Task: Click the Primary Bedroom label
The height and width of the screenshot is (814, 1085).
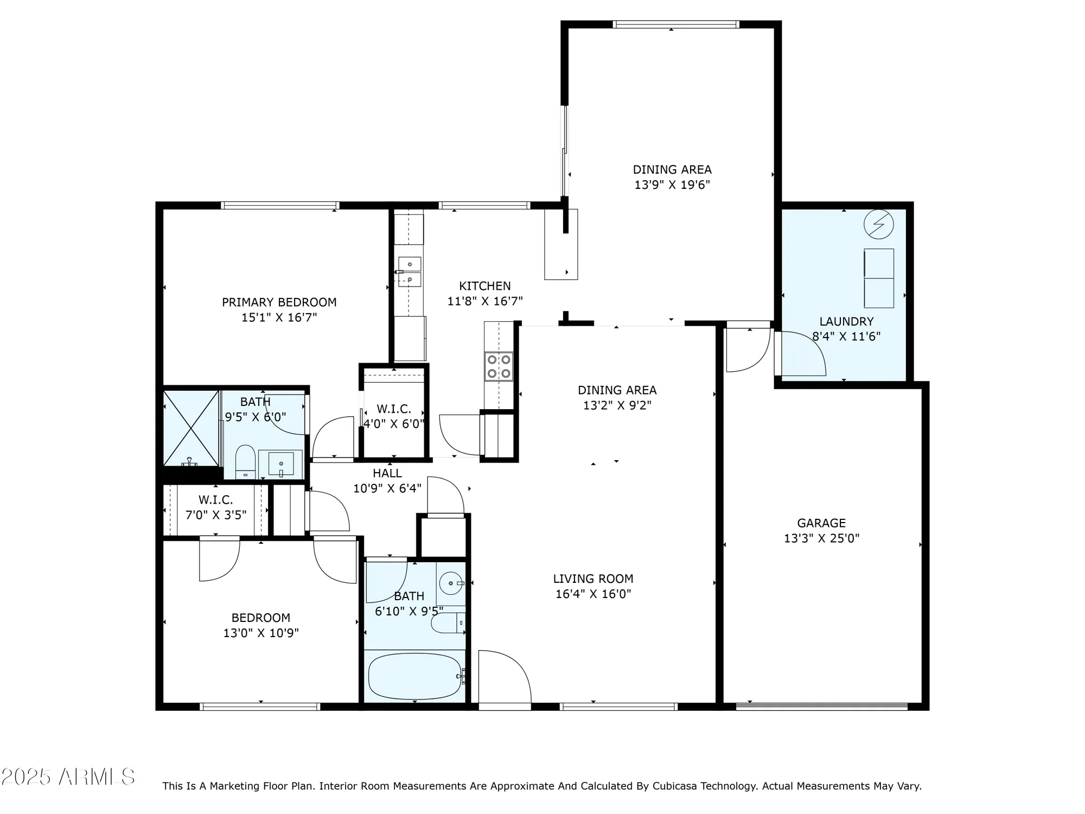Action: [279, 302]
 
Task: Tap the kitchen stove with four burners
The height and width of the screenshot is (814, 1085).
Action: [499, 366]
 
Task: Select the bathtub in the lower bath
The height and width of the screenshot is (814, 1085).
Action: [414, 676]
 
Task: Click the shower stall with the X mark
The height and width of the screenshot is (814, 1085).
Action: [191, 428]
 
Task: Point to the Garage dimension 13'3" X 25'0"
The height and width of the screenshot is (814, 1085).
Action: [821, 538]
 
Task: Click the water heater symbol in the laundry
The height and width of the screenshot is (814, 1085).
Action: [878, 224]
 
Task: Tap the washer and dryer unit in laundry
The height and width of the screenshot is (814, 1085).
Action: [878, 278]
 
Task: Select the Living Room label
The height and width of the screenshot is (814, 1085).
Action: [593, 578]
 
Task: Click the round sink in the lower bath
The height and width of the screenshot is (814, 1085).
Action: [450, 583]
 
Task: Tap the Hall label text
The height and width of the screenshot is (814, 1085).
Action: [387, 473]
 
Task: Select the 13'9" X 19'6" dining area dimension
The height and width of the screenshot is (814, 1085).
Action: [672, 185]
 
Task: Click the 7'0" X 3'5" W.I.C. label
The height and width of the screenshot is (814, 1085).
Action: [215, 507]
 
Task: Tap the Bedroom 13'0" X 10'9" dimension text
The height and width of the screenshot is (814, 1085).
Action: [261, 633]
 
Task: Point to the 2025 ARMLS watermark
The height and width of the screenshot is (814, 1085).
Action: [68, 778]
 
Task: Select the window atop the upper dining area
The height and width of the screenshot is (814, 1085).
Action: [676, 24]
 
